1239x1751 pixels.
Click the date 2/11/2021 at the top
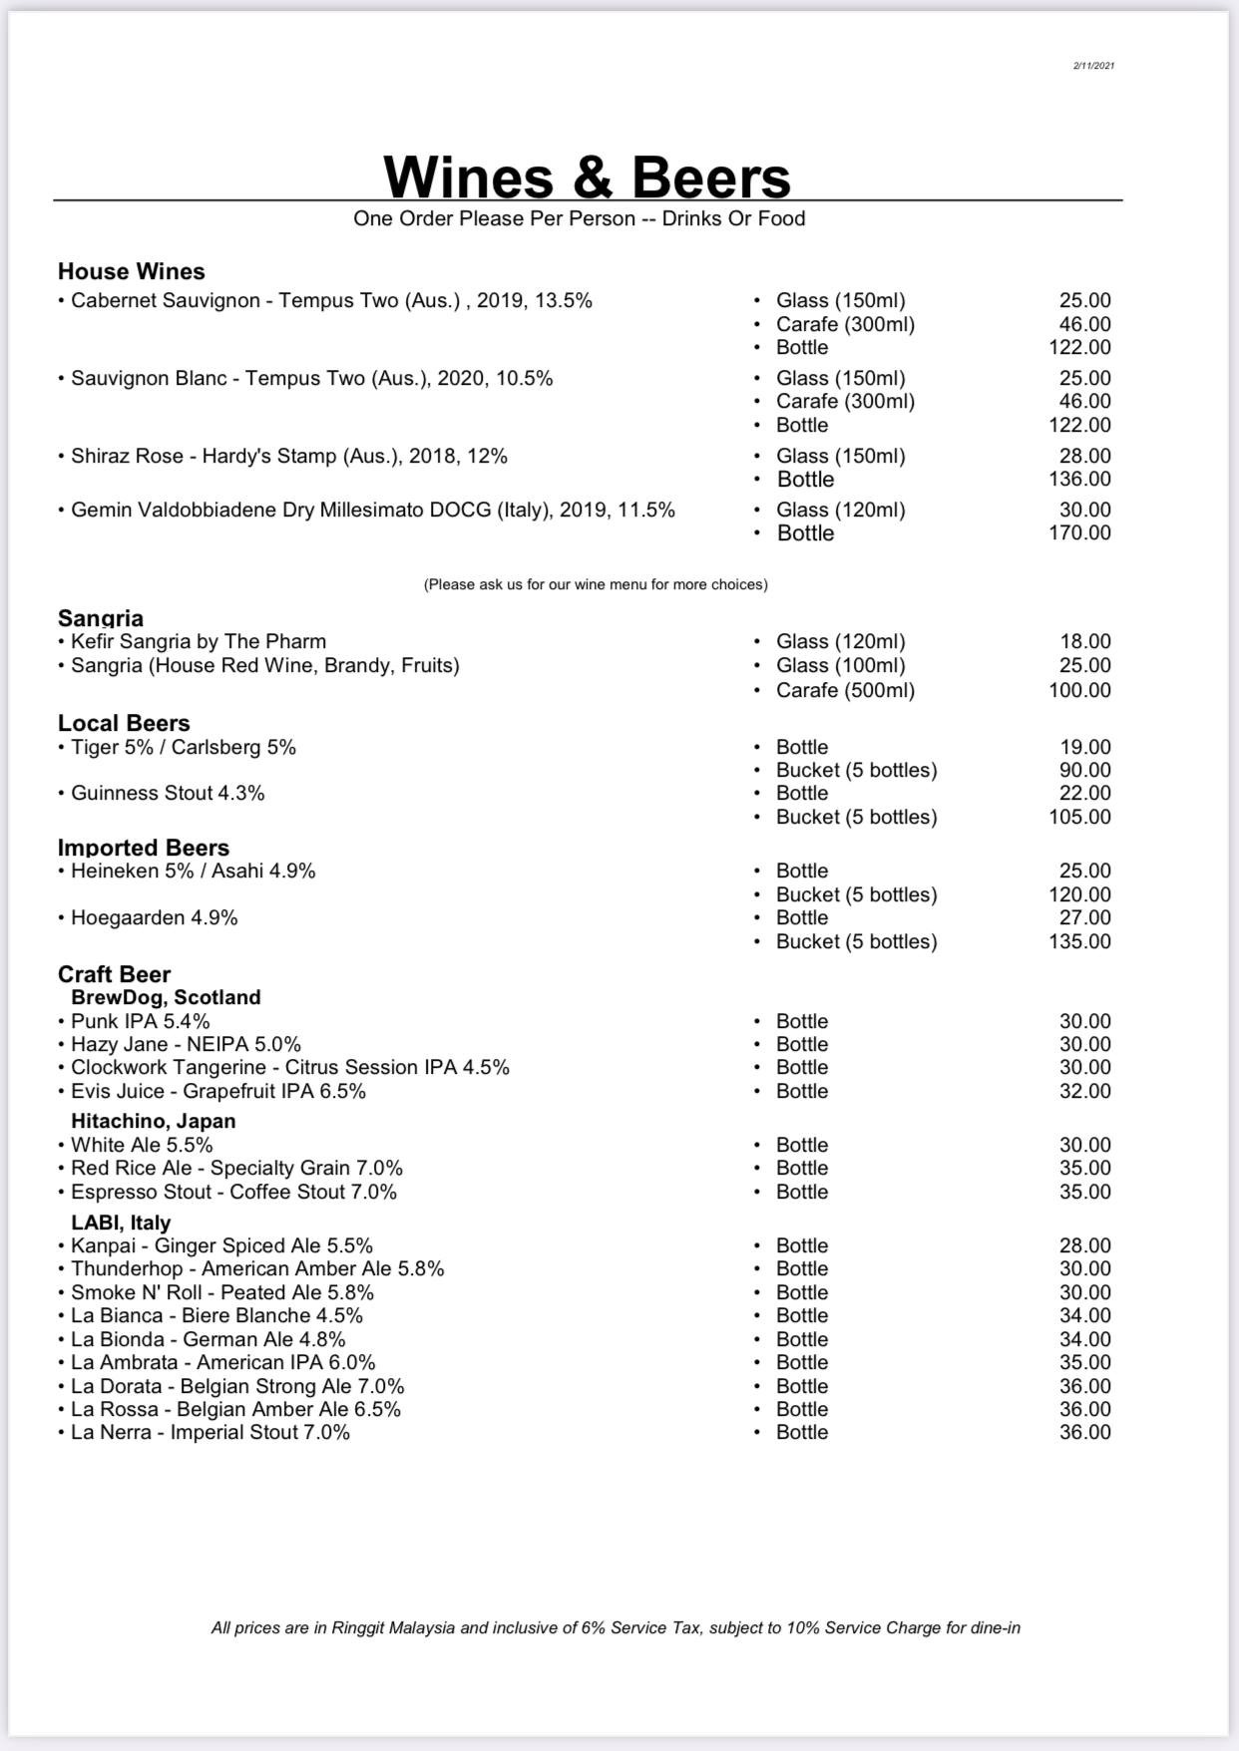1093,66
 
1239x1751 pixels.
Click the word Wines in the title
468,177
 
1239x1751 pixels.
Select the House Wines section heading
132,271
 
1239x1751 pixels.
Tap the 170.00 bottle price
1079,532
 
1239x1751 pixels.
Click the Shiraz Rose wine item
288,456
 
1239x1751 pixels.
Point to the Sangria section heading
101,618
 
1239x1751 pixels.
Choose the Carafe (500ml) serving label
845,690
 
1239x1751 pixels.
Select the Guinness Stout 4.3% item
168,793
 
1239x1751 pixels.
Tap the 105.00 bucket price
1079,817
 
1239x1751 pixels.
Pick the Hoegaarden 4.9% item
154,917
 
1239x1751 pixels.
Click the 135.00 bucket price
1079,941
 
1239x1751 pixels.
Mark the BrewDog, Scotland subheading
166,997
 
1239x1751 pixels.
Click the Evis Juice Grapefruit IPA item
217,1091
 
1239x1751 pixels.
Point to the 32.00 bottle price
1084,1091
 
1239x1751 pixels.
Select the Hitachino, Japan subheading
154,1121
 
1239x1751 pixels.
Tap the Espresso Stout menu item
233,1192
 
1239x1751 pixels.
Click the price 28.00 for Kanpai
1084,1245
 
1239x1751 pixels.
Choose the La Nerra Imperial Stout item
209,1432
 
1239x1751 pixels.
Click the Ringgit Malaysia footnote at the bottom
616,1627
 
